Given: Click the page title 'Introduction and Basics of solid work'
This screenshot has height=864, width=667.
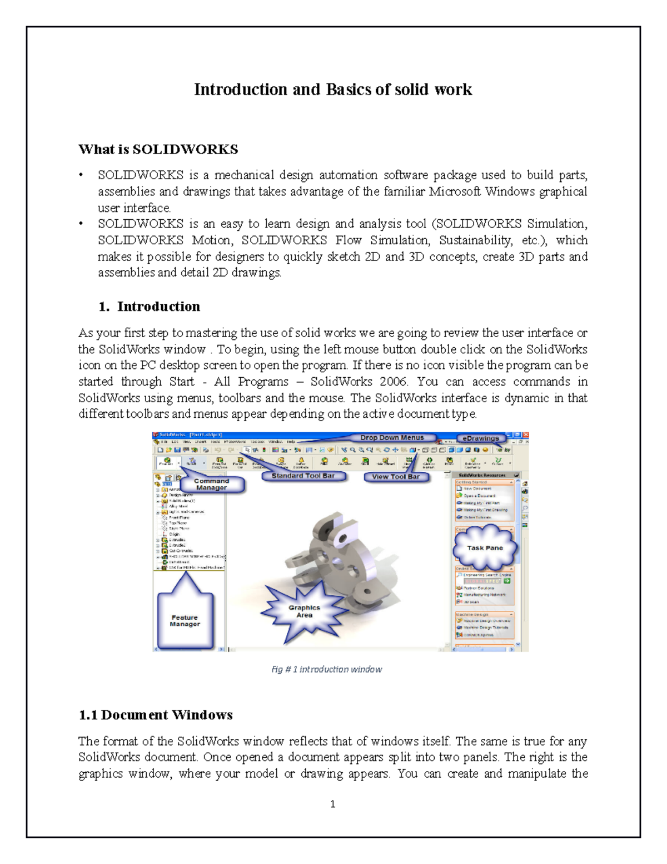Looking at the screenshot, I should pos(333,90).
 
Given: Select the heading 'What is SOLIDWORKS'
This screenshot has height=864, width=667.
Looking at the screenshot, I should pos(158,149).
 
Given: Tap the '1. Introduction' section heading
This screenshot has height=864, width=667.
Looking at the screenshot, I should pos(149,307).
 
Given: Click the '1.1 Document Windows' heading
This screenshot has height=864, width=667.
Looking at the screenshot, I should pos(156,715).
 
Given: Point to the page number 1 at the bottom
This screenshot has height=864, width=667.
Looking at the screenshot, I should pos(332,804).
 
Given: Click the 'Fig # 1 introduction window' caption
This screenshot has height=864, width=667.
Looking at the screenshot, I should pos(327,669).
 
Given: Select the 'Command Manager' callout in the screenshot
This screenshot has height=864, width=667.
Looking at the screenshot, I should pos(211,484).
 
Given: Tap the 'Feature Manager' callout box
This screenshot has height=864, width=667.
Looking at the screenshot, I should pos(185,621).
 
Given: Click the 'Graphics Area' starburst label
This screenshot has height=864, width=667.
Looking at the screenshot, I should pos(304,611).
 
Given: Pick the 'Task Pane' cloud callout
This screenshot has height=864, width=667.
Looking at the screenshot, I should pos(485,548).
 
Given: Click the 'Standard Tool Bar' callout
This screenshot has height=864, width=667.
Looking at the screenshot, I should pos(303,476).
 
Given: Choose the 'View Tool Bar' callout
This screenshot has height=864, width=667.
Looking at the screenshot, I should pos(396,477).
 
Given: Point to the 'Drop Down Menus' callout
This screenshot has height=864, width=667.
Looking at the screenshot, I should pos(391,438).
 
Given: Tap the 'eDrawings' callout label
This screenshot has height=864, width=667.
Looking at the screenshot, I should pos(481,438).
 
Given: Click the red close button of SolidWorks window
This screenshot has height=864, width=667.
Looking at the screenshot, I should pos(525,435).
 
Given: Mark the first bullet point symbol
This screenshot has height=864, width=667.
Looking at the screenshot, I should pos(81,175).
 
